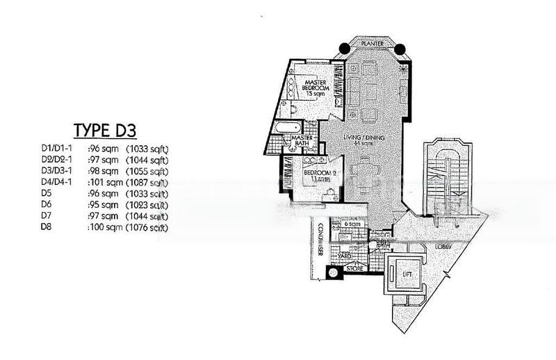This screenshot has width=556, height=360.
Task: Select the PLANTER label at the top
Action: click(x=372, y=43)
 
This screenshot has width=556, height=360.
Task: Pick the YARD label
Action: click(x=343, y=256)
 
